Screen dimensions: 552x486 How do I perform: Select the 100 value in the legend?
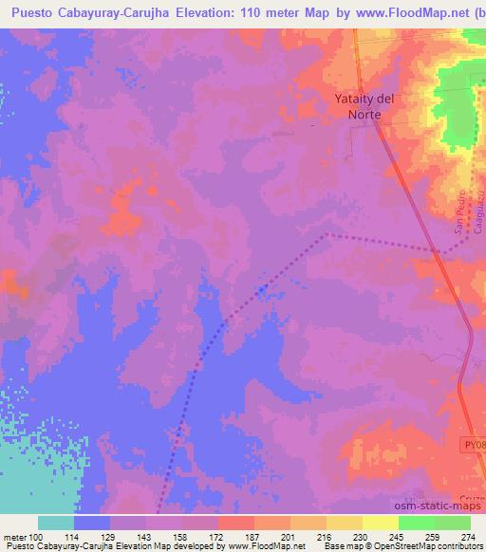[x=36, y=536]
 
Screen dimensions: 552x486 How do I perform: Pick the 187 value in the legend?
[x=252, y=536]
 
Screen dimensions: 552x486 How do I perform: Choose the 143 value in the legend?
[x=144, y=536]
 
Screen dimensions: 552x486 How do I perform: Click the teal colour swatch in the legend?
[x=56, y=523]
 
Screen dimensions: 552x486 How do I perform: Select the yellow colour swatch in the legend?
[x=380, y=523]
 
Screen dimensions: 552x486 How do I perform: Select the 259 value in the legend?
[x=433, y=536]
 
